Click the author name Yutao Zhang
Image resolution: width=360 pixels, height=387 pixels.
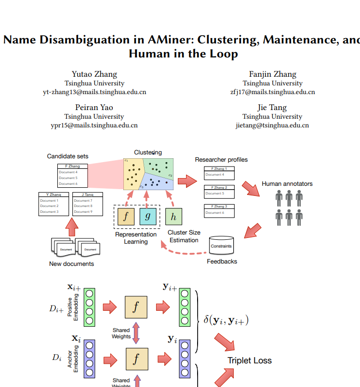coord(94,74)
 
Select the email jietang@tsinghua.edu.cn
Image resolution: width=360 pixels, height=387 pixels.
coord(272,125)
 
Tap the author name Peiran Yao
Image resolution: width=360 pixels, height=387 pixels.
coord(94,107)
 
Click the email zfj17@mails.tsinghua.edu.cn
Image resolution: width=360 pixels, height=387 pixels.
coord(273,92)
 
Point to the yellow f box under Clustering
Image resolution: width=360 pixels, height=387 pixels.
coord(125,216)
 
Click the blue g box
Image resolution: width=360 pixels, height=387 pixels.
coord(148,216)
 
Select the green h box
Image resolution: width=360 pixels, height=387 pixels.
coord(173,217)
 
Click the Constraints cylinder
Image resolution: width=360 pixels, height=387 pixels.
coord(221,246)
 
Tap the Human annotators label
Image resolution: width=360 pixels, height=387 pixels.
coord(287,184)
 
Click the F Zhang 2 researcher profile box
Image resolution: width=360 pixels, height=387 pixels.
coord(219,192)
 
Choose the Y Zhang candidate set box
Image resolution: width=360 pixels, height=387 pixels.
coord(53,204)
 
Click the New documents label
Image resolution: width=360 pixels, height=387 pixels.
coord(71,264)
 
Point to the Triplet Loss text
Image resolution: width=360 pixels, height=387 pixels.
coord(250,360)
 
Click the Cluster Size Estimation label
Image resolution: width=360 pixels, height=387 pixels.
coord(184,236)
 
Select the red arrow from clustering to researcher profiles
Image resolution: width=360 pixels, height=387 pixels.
coord(187,181)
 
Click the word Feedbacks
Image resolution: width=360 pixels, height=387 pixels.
coord(222,262)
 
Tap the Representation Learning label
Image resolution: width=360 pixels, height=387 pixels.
coord(136,238)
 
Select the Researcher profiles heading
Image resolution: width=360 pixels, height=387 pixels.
coord(221,160)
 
